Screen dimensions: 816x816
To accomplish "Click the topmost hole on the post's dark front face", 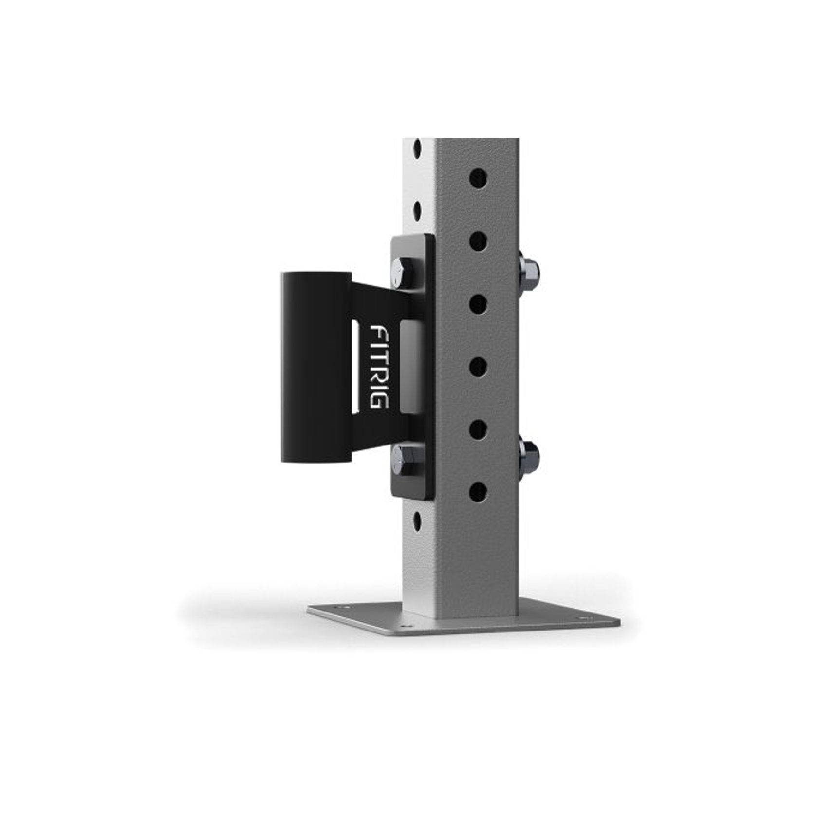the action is pyautogui.click(x=479, y=179).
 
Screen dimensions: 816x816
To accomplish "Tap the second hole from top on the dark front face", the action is pyautogui.click(x=479, y=241).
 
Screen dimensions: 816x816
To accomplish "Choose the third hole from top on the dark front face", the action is pyautogui.click(x=479, y=304).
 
